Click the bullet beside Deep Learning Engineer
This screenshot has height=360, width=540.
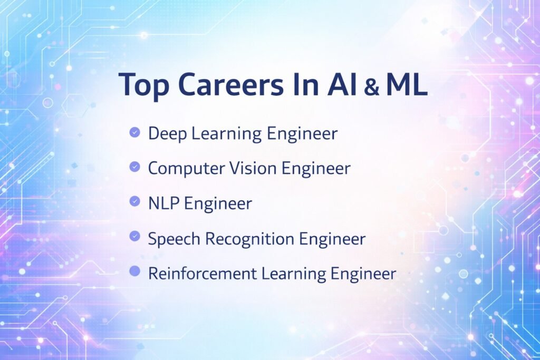point(134,133)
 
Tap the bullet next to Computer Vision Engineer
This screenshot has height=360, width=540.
point(134,168)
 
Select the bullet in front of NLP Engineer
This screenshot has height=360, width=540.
point(134,202)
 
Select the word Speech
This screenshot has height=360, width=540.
point(173,239)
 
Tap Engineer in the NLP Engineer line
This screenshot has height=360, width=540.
point(217,203)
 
